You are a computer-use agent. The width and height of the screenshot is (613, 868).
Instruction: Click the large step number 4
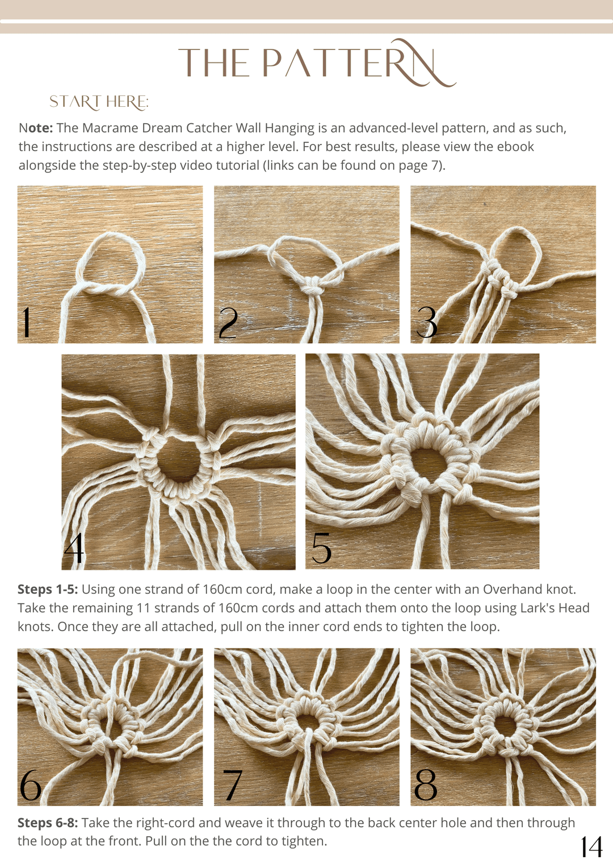(74, 548)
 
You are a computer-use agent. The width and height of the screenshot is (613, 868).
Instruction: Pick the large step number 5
(321, 548)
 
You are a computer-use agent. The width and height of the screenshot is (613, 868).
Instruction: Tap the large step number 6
(30, 784)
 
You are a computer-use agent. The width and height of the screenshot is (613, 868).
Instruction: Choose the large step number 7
(233, 785)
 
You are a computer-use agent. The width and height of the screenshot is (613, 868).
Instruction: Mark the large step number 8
(425, 784)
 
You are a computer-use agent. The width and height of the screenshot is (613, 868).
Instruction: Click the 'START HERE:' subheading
(99, 102)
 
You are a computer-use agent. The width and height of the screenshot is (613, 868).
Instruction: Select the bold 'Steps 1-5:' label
(48, 590)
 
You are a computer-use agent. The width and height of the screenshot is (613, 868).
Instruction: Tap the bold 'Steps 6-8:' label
(48, 823)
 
